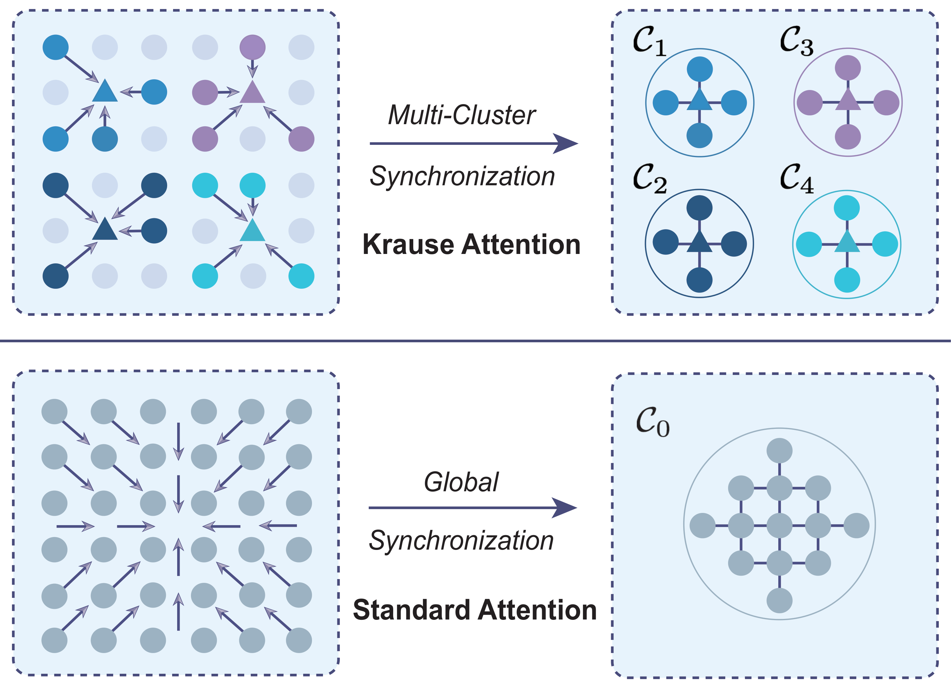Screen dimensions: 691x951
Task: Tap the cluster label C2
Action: tap(649, 179)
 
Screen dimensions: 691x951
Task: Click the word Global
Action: tap(461, 482)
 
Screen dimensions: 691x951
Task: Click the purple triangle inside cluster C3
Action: tap(848, 101)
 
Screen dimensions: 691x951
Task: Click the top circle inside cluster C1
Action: tap(700, 69)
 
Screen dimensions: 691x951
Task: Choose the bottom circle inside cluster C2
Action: tap(700, 280)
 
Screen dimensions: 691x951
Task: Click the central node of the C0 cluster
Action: tap(779, 525)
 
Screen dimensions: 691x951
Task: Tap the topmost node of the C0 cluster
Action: tap(779, 451)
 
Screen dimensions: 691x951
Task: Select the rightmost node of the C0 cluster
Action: tap(856, 525)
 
